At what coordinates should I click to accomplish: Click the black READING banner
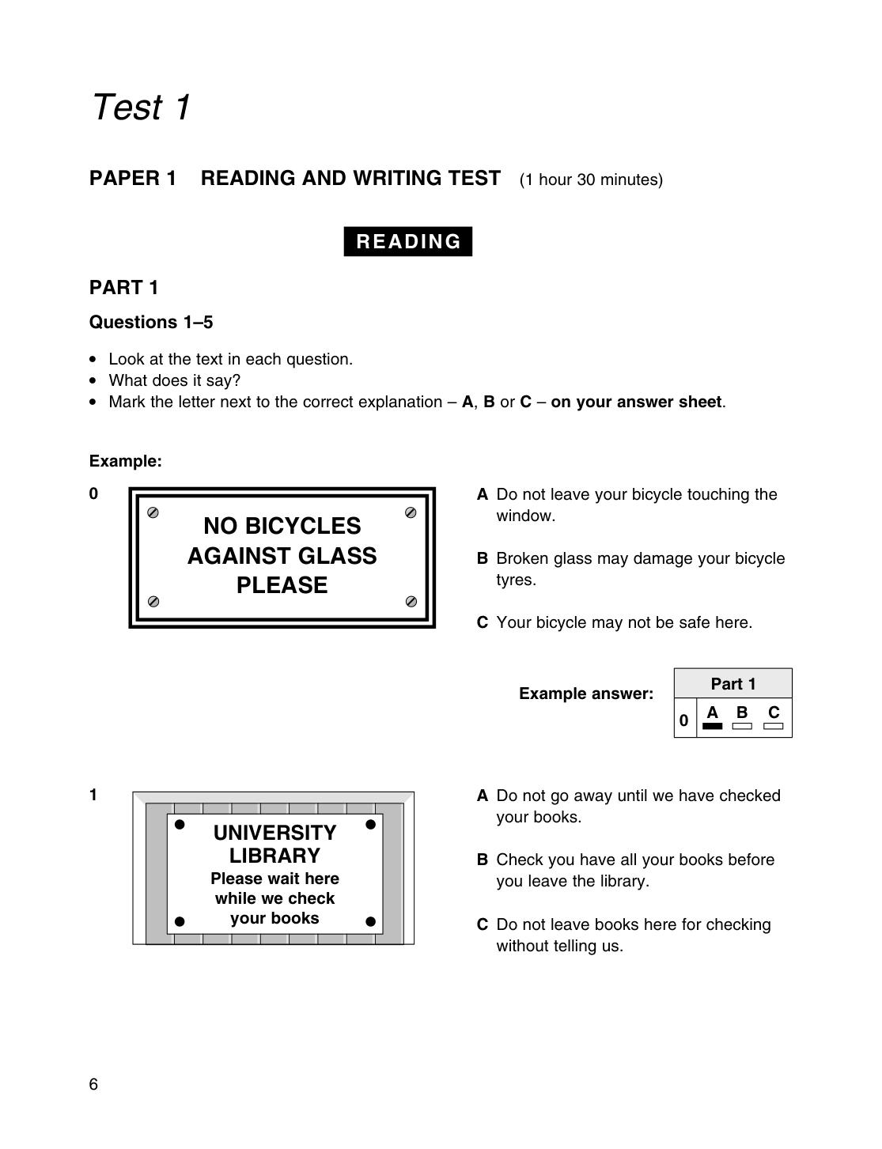click(x=407, y=241)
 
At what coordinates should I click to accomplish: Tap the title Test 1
click(x=141, y=107)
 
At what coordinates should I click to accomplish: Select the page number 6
click(x=93, y=1084)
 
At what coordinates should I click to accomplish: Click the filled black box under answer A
click(x=712, y=726)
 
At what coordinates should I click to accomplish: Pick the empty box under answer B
click(x=742, y=726)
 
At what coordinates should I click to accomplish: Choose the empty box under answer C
click(x=773, y=726)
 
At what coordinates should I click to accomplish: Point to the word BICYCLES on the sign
click(x=303, y=526)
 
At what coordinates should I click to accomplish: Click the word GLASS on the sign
click(x=337, y=556)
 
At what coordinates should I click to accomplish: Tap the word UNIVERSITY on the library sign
click(x=275, y=832)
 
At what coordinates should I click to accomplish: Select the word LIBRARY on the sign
click(x=275, y=855)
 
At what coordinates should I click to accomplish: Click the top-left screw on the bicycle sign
click(x=153, y=512)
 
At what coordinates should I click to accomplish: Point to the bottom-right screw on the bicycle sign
click(x=411, y=601)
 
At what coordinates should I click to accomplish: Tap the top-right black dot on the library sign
click(x=371, y=824)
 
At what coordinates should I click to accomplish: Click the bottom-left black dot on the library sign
click(x=180, y=921)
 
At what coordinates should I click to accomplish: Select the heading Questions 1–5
click(x=151, y=322)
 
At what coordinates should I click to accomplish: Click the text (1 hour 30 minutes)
click(x=591, y=180)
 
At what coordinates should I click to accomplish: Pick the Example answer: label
click(x=586, y=694)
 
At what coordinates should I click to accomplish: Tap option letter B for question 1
click(x=482, y=860)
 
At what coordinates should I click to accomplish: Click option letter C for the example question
click(x=482, y=622)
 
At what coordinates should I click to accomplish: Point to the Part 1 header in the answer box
click(x=732, y=684)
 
